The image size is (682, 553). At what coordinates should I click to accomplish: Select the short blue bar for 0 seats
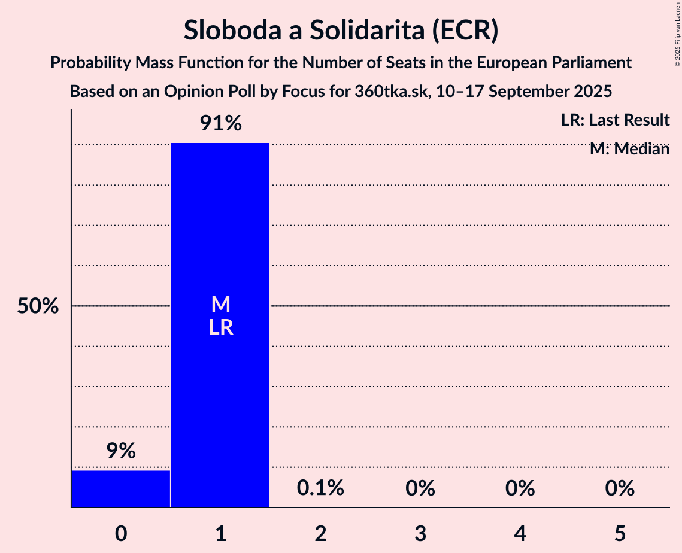click(121, 489)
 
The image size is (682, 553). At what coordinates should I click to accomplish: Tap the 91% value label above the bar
click(220, 124)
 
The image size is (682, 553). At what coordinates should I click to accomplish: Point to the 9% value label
click(121, 451)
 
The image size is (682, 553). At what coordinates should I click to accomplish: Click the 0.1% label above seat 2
click(320, 488)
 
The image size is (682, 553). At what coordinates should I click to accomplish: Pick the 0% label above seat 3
click(420, 488)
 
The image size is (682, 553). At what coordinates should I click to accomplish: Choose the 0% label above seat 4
click(520, 488)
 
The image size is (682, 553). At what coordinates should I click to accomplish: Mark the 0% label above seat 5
click(619, 488)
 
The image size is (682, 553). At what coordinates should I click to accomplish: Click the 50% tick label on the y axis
click(38, 306)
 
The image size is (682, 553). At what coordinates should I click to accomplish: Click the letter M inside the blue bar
click(221, 305)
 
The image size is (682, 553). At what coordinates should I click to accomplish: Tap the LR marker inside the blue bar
click(221, 327)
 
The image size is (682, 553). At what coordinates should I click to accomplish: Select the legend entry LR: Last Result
click(615, 120)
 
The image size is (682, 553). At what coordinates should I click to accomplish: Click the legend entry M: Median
click(629, 149)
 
